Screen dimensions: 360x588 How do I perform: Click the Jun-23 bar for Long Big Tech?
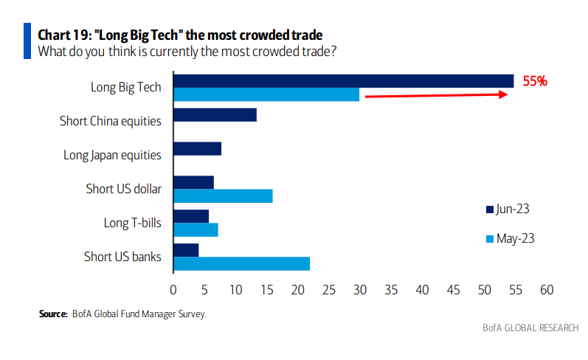[343, 81]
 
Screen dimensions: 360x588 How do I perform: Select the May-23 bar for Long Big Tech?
[266, 94]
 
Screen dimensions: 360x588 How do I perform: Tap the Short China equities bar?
[215, 114]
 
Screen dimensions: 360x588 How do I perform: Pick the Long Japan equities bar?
[197, 149]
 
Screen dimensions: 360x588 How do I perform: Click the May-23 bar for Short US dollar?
[223, 195]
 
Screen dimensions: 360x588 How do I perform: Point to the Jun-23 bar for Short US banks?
[186, 250]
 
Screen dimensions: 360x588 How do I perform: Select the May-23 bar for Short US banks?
[241, 263]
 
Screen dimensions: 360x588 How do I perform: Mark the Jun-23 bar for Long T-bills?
[191, 216]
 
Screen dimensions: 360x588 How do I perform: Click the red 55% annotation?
[535, 82]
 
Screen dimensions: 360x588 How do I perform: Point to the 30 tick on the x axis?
[360, 291]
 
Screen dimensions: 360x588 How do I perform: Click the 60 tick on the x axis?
[547, 291]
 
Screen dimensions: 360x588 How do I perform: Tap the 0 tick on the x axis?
[173, 291]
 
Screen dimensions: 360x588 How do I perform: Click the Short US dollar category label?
[123, 188]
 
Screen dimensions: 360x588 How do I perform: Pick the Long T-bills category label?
[132, 222]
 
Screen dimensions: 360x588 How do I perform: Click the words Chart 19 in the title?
[63, 35]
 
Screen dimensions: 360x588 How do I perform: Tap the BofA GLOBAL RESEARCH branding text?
[530, 328]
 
